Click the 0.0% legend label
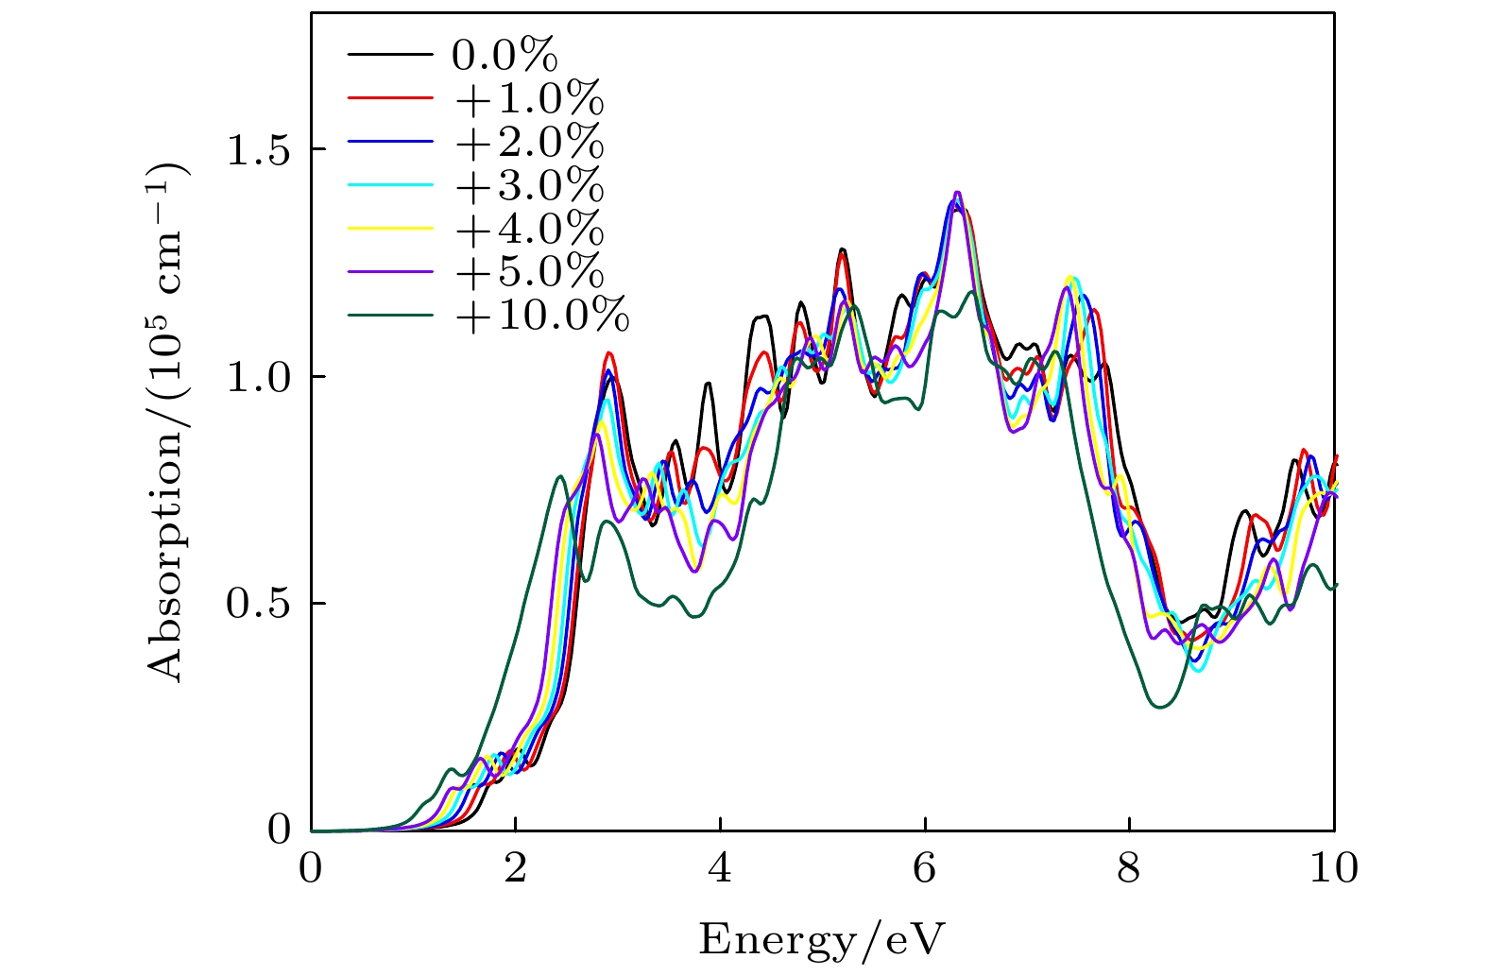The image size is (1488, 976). (x=505, y=56)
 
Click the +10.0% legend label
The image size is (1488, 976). (x=540, y=317)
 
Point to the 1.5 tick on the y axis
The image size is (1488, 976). (x=258, y=150)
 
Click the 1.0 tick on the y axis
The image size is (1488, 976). (x=258, y=377)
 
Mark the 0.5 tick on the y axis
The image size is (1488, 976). (x=258, y=604)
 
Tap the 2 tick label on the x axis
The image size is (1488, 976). (x=515, y=866)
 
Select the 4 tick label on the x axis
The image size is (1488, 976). (x=720, y=866)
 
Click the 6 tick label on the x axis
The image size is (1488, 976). (x=925, y=866)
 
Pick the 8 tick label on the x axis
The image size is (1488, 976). (x=1129, y=866)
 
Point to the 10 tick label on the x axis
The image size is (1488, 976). (x=1333, y=866)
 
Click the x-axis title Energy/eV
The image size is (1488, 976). (x=821, y=940)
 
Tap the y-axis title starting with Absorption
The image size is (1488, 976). (x=168, y=420)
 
